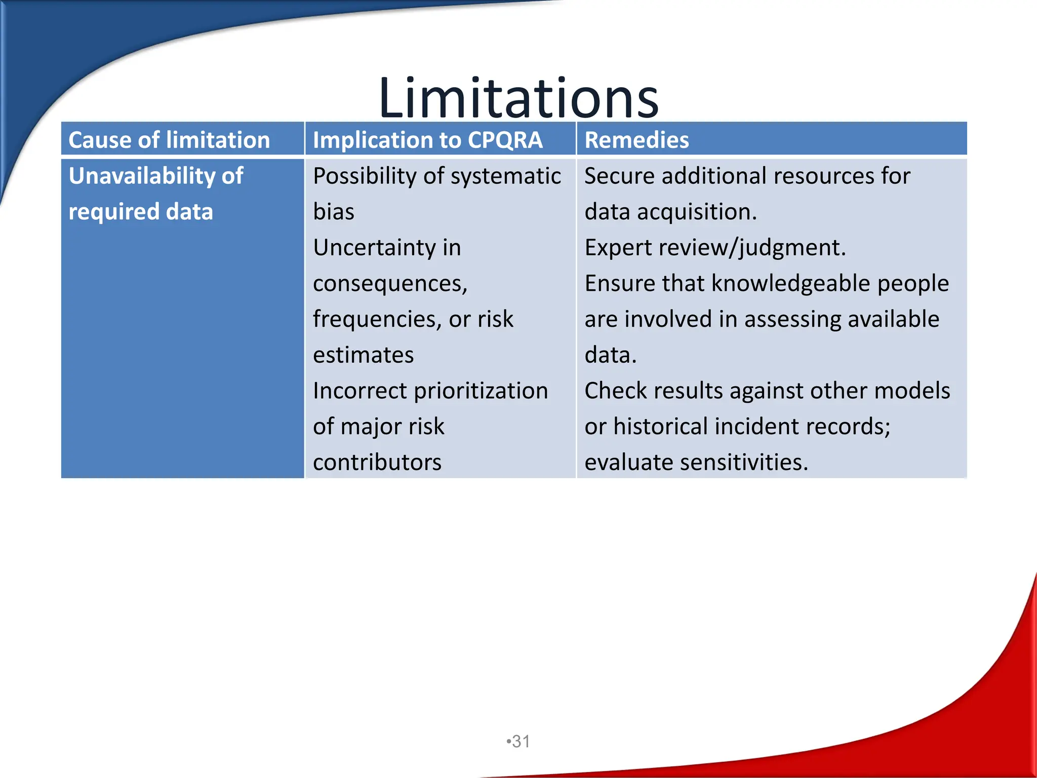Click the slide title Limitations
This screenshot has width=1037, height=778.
point(518,98)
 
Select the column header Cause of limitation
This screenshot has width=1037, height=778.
point(169,140)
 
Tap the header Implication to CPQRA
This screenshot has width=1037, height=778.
point(427,140)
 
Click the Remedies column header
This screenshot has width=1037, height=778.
point(636,140)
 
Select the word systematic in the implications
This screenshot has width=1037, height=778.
point(506,176)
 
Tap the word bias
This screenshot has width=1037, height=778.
point(333,212)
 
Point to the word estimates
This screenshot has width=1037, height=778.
point(363,355)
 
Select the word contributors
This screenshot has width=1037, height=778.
point(377,462)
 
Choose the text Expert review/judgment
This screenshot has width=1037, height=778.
point(715,248)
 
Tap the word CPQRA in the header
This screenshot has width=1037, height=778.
point(505,140)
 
